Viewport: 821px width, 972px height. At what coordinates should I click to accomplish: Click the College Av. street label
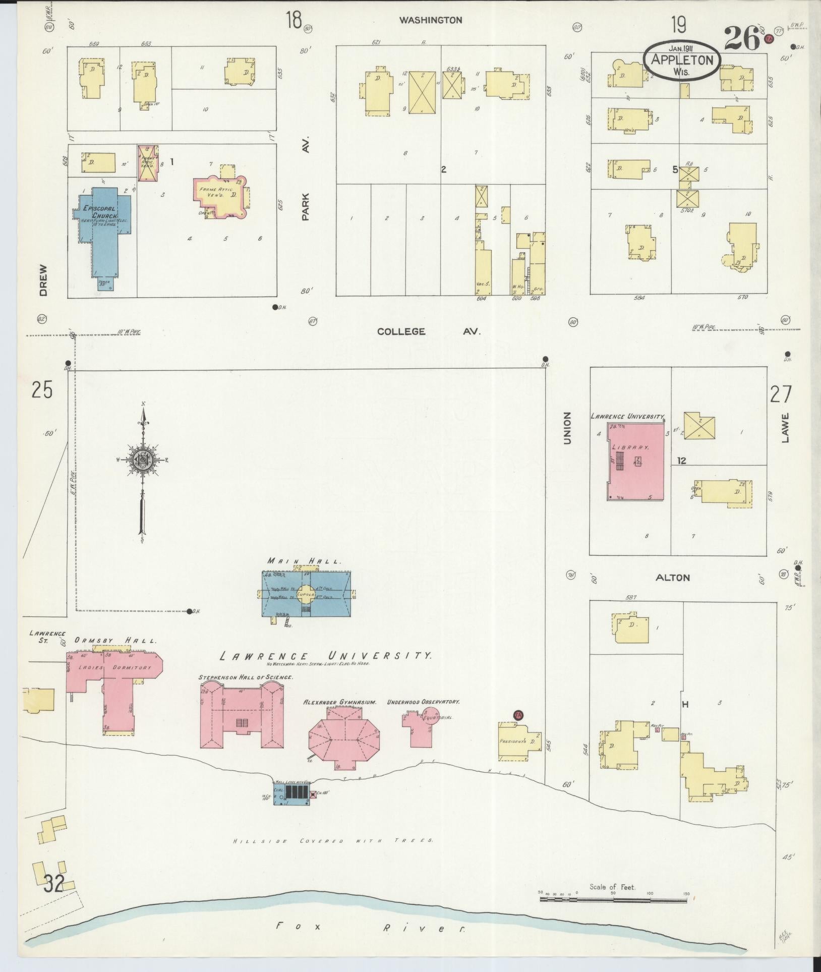(429, 331)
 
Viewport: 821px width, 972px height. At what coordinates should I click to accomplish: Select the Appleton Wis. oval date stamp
(682, 60)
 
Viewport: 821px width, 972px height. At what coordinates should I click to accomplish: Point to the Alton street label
(673, 578)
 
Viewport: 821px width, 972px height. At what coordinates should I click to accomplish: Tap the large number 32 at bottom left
(54, 884)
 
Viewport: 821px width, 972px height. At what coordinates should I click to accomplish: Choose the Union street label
(567, 428)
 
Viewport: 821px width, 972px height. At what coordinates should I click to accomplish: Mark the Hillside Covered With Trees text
(333, 841)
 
